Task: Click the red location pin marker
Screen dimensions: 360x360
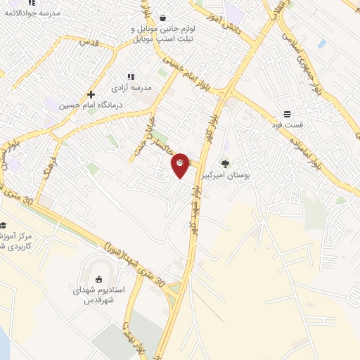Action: point(181,165)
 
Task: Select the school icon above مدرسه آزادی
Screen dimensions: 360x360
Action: point(130,77)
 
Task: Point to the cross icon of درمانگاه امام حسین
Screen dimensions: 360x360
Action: point(91,94)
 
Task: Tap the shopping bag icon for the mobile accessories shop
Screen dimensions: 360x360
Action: point(163,18)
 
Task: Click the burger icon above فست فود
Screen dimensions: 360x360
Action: point(287,114)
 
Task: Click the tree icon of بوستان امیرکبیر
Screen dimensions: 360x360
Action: point(226,163)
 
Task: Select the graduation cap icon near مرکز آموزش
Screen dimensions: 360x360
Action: point(4,226)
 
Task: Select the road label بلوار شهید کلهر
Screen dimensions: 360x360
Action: point(196,211)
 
